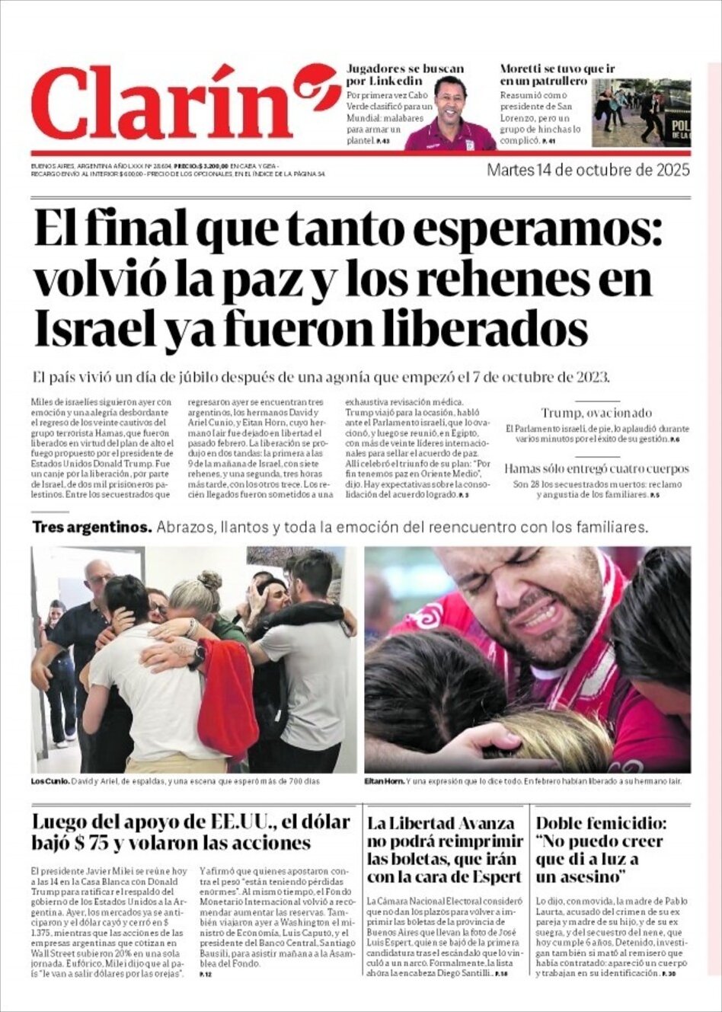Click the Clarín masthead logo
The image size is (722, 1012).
(183, 103)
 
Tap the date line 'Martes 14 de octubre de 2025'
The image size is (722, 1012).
(588, 169)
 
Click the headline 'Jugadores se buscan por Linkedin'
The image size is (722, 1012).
(404, 75)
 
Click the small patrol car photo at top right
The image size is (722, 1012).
(641, 113)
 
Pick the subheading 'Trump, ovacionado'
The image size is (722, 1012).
(596, 413)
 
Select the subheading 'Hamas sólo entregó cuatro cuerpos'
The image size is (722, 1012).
(596, 468)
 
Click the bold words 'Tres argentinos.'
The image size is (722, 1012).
(92, 527)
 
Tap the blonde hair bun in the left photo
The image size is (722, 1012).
(209, 580)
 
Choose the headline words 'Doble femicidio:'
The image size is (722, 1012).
(601, 823)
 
